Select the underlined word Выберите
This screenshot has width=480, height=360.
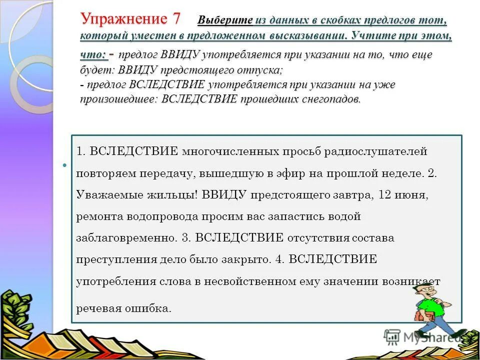(x=225, y=20)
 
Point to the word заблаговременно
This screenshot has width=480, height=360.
(x=126, y=238)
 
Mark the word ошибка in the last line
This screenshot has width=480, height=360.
(x=149, y=308)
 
